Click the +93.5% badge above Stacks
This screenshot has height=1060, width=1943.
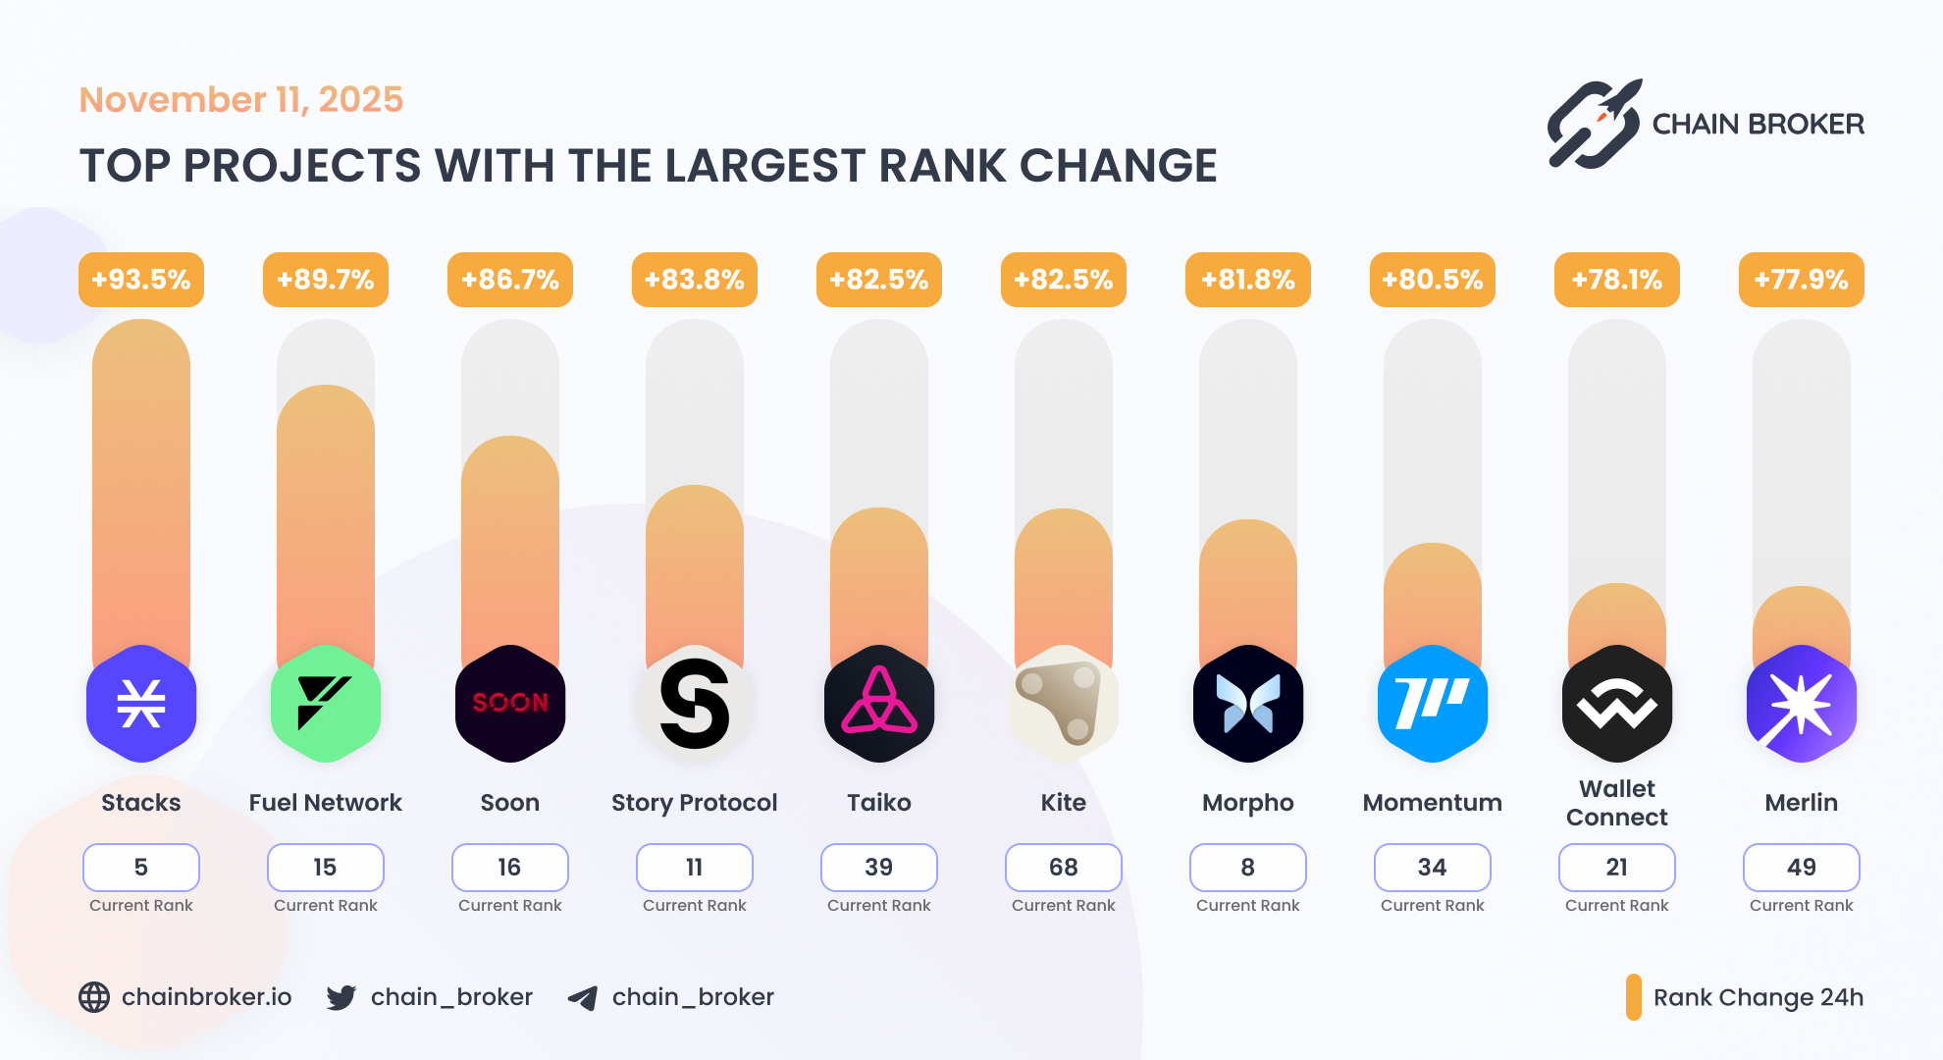point(141,280)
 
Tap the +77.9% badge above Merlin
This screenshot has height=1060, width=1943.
point(1801,280)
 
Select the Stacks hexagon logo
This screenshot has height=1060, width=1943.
point(141,704)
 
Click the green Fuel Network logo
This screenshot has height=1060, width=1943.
point(326,704)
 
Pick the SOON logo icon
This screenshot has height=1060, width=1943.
point(510,704)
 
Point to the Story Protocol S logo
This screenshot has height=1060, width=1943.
point(695,704)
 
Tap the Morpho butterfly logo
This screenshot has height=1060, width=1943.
point(1248,704)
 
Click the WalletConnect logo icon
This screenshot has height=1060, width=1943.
point(1617,704)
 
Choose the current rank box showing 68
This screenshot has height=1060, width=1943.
point(1064,868)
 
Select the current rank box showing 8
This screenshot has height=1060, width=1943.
point(1248,868)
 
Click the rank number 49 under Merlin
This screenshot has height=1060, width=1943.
point(1802,868)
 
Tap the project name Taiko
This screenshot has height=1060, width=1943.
point(879,803)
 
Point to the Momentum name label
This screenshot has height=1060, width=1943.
point(1433,803)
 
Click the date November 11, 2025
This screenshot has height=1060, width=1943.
point(241,100)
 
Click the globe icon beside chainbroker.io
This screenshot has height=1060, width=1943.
point(94,997)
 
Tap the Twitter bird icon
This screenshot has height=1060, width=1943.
point(341,997)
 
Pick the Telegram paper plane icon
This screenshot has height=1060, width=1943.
point(583,998)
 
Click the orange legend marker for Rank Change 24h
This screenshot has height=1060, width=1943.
point(1633,997)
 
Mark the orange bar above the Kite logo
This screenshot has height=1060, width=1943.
point(1064,579)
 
